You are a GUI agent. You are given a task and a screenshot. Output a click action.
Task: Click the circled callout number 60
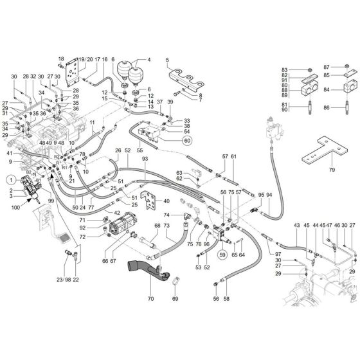tap(187, 140)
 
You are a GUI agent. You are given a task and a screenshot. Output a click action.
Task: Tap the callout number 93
tap(145, 158)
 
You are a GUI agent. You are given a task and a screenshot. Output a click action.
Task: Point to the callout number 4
tap(149, 60)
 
